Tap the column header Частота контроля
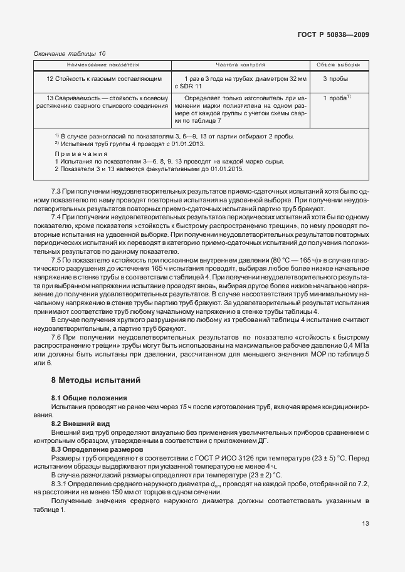[x=240, y=65]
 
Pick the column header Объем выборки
[x=339, y=65]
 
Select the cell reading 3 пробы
[x=335, y=79]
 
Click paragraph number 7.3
[x=56, y=190]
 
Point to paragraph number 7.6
[x=56, y=336]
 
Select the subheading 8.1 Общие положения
[x=89, y=398]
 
